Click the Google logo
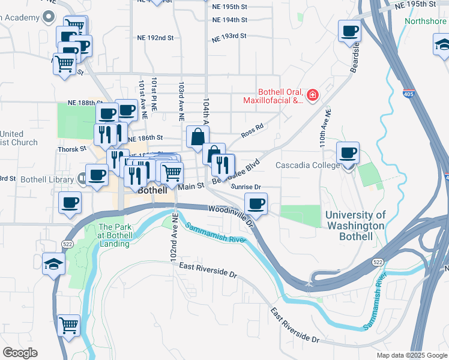(x=20, y=353)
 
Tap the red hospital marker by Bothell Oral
(x=312, y=95)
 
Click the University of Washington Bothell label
(x=355, y=226)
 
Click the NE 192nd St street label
(x=154, y=37)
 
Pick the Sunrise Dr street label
(x=247, y=187)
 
